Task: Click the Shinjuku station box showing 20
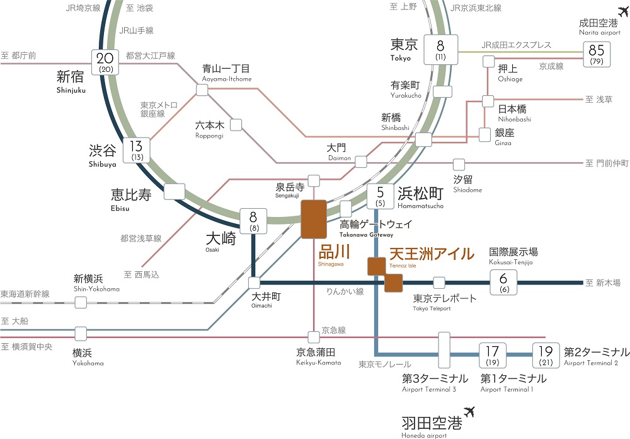tap(105, 62)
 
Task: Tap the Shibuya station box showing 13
tap(136, 151)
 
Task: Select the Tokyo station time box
tap(440, 49)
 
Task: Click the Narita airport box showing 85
tap(597, 54)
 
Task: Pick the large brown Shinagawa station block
tap(314, 219)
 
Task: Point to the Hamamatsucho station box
tap(380, 196)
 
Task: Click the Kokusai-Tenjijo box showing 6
tap(503, 283)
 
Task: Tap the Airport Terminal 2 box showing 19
tap(546, 355)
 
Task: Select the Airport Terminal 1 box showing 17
tap(492, 355)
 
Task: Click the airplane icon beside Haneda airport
tap(469, 412)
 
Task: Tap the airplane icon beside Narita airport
tap(623, 12)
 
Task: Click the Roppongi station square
tap(236, 125)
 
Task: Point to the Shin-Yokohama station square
tap(81, 302)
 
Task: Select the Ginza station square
tap(484, 135)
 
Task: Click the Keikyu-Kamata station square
tap(314, 337)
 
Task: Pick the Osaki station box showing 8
tap(253, 221)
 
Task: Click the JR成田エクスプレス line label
tap(517, 45)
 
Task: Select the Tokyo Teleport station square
tap(439, 283)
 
